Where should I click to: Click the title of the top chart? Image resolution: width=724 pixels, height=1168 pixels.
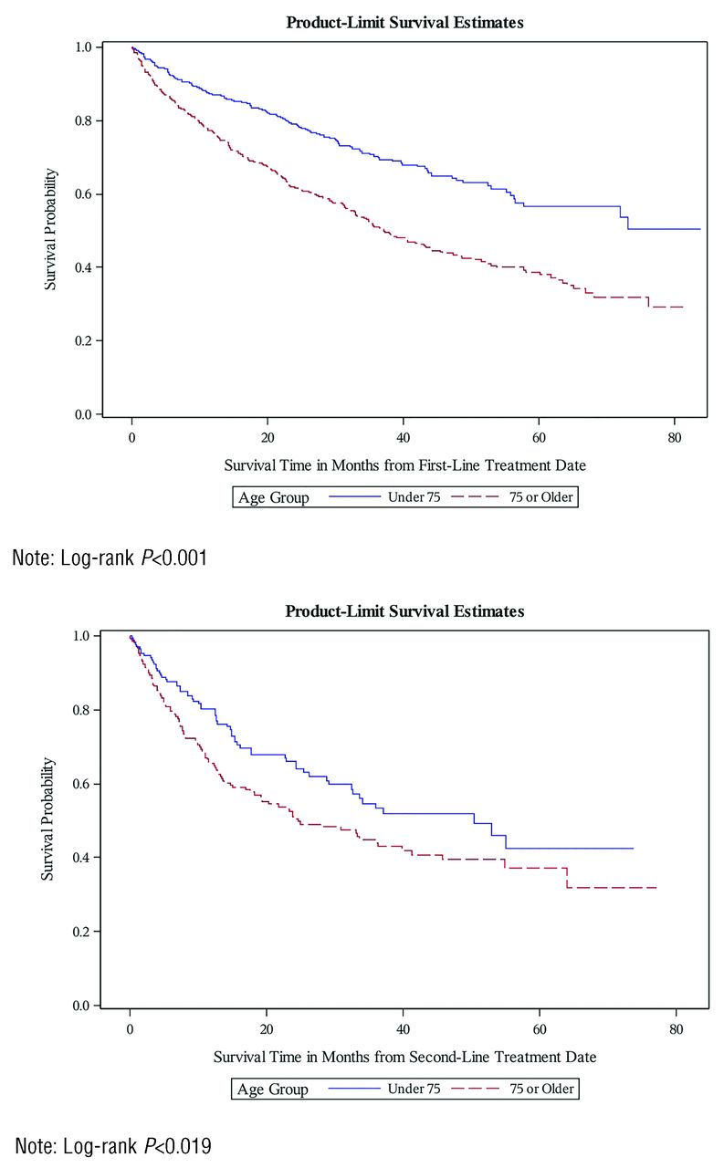(x=404, y=23)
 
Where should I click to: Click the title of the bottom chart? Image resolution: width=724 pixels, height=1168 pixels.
(x=404, y=611)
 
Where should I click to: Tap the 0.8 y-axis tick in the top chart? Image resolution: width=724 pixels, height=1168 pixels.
(x=82, y=120)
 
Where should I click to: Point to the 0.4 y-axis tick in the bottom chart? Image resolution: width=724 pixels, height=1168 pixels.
(x=80, y=858)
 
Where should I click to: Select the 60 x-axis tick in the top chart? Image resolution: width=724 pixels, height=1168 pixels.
(x=539, y=436)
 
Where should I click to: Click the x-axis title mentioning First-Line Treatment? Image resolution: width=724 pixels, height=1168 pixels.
(x=404, y=465)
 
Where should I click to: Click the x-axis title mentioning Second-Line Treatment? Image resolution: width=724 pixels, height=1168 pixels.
(x=404, y=1058)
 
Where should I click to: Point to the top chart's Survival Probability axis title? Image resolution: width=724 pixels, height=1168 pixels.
(x=52, y=228)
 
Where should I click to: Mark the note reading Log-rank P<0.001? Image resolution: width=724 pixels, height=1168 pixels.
(x=109, y=556)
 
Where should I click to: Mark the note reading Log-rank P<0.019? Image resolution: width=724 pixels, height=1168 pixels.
(x=112, y=1145)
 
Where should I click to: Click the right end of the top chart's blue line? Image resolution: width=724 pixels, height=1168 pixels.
(x=700, y=229)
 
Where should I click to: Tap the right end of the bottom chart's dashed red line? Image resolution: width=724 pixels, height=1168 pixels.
(x=656, y=887)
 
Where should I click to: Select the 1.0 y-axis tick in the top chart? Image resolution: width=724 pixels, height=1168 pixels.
(x=82, y=47)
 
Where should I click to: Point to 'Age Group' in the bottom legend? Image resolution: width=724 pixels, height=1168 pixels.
(x=273, y=1089)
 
